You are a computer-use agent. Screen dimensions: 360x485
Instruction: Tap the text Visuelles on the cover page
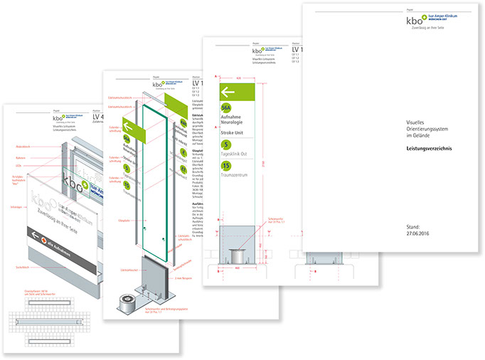[x=407, y=122]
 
